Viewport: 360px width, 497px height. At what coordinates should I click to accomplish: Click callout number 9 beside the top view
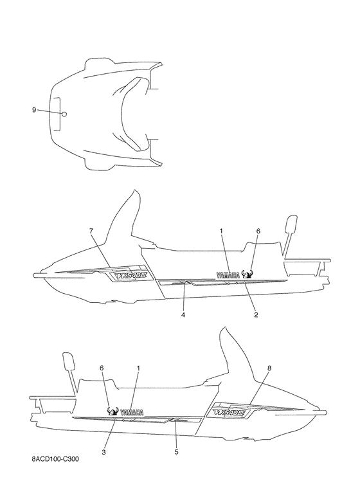(34, 110)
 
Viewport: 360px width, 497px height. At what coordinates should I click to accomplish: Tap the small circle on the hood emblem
(64, 114)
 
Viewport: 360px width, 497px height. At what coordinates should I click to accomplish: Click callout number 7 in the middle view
(91, 231)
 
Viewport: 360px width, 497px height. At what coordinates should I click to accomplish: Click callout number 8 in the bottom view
(269, 368)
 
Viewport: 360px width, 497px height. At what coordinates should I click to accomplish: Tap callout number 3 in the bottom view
(104, 452)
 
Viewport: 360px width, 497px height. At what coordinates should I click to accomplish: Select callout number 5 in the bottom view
(177, 452)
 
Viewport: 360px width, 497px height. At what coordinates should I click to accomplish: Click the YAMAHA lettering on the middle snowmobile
(228, 275)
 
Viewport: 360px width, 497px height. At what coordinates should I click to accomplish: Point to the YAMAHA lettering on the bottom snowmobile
(132, 412)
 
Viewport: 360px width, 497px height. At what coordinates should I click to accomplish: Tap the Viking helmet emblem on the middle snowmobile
(247, 274)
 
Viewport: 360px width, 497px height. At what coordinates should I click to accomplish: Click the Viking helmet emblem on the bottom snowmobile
(113, 411)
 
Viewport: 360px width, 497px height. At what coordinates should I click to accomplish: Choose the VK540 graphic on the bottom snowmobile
(229, 412)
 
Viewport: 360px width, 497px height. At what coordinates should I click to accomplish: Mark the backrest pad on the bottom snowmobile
(69, 361)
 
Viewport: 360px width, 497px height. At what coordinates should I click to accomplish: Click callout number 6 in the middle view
(258, 231)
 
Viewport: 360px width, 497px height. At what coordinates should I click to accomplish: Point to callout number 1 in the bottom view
(138, 368)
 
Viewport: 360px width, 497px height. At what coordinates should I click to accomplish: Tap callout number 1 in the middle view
(221, 231)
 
